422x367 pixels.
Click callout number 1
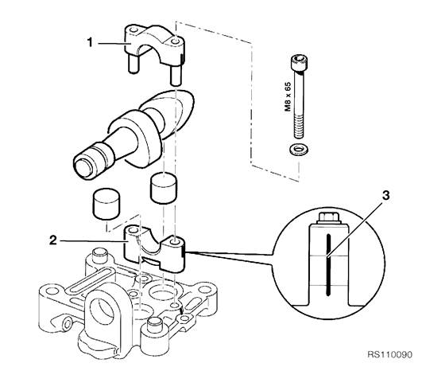pos(90,42)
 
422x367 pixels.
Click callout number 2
pos(53,240)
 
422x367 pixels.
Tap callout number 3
pos(386,195)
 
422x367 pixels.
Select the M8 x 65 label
pos(288,97)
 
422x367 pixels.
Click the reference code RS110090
pos(389,354)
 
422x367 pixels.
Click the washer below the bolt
pos(298,148)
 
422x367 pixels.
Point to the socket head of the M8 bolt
pos(299,63)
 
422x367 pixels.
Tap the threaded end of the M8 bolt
pos(299,127)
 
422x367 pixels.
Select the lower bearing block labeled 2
pos(154,248)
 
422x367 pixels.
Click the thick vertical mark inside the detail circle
pos(327,265)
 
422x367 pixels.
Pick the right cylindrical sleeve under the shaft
pos(164,187)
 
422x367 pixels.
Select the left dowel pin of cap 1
pos(133,64)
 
